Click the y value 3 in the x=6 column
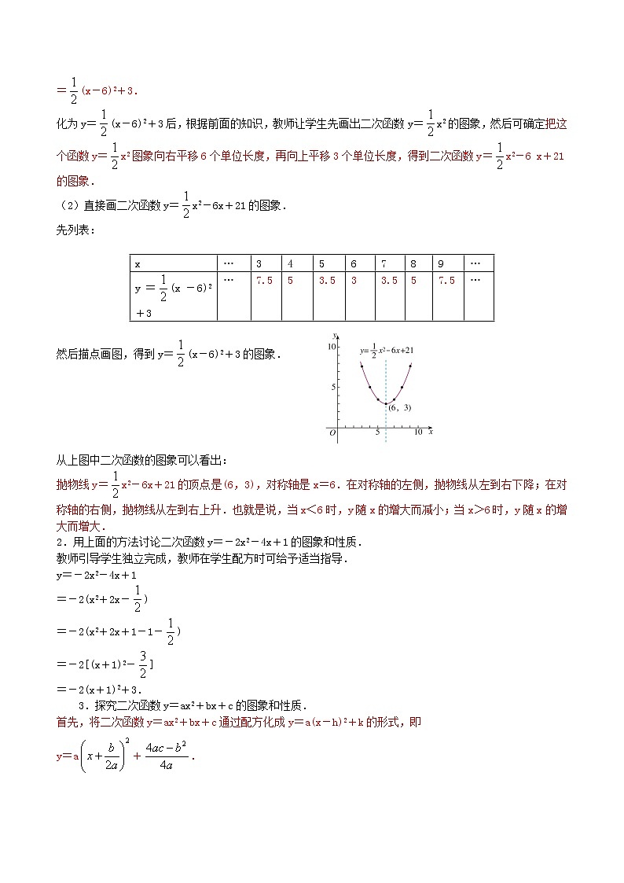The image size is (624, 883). pyautogui.click(x=354, y=280)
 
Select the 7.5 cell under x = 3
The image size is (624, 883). pyautogui.click(x=263, y=280)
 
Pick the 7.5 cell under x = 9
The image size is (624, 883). pyautogui.click(x=446, y=280)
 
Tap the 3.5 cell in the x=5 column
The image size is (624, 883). pyautogui.click(x=325, y=280)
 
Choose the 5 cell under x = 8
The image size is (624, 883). pyautogui.click(x=413, y=280)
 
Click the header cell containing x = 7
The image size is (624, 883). pyautogui.click(x=383, y=263)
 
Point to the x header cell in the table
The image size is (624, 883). pyautogui.click(x=138, y=263)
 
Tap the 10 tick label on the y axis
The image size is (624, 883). pyautogui.click(x=332, y=347)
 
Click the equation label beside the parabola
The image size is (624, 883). pyautogui.click(x=387, y=351)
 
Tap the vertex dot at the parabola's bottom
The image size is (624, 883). pyautogui.click(x=385, y=403)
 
